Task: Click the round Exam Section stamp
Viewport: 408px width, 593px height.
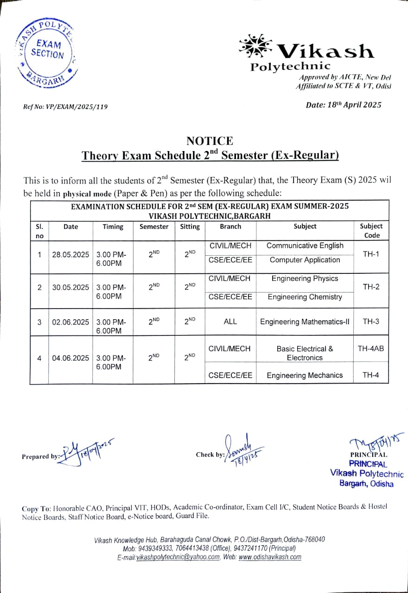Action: [45, 52]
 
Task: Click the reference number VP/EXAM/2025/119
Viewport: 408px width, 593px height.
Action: [65, 107]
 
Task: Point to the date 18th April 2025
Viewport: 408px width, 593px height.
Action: [344, 105]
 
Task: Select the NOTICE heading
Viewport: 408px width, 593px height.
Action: [210, 141]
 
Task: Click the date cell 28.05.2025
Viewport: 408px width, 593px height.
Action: [70, 254]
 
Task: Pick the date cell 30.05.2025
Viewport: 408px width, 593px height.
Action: [70, 287]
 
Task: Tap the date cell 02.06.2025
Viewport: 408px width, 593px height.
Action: [70, 322]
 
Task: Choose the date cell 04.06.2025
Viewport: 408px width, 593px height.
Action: [70, 358]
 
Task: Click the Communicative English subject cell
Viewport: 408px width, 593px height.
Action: [305, 246]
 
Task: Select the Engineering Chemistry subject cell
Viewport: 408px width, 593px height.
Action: [305, 297]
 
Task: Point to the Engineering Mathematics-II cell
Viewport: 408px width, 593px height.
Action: [305, 322]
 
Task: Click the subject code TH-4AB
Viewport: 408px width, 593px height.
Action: [371, 348]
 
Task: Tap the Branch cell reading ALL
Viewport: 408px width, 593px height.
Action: [230, 322]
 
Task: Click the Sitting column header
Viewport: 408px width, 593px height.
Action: [190, 227]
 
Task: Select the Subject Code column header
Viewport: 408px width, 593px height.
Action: [371, 231]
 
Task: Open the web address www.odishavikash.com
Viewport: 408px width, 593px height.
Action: [270, 557]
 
